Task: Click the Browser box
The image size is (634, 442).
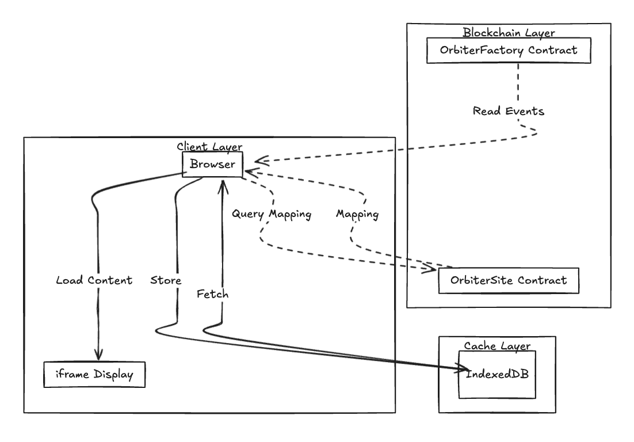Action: point(212,165)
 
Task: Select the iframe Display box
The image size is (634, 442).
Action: point(94,375)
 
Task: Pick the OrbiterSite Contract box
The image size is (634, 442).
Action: point(508,280)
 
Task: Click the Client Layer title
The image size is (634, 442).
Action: point(209,146)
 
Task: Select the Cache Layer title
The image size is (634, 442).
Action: point(497,345)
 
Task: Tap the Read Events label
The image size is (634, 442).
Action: point(508,111)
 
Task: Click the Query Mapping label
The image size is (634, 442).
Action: point(272,214)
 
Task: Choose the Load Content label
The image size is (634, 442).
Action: point(94,280)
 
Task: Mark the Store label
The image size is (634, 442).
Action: point(166,280)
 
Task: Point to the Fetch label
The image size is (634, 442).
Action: point(212,294)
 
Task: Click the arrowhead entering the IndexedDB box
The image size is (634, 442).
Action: point(464,369)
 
